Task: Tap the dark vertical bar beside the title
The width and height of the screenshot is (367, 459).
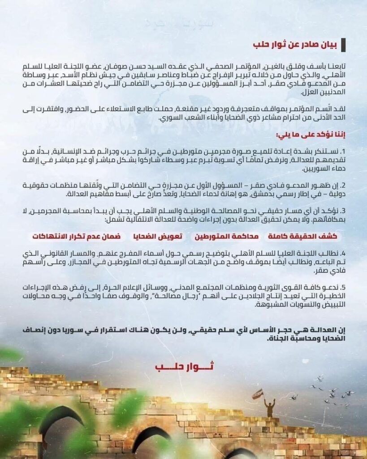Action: click(x=343, y=45)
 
